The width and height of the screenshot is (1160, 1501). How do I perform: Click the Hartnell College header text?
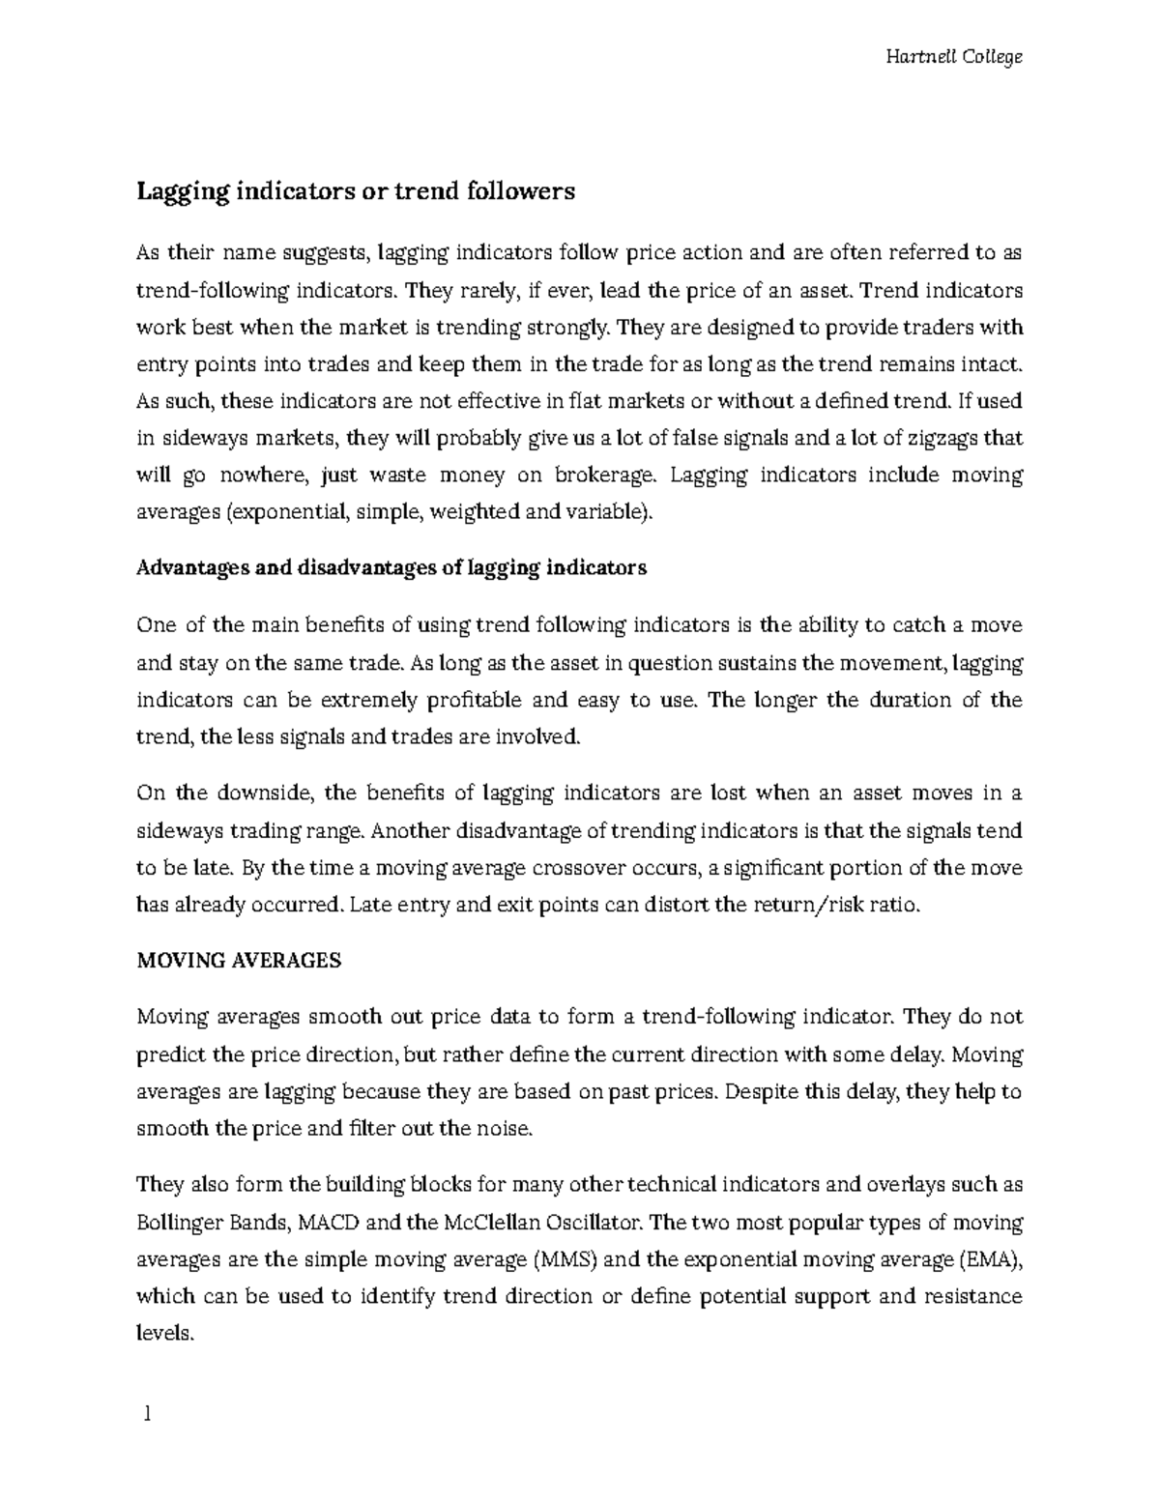click(953, 57)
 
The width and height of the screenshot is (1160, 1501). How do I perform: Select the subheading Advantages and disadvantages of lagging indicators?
click(391, 568)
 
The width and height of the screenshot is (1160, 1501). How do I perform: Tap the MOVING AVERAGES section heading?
click(239, 961)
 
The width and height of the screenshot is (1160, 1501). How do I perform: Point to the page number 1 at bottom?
click(147, 1415)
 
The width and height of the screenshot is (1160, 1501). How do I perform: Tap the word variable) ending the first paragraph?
click(614, 512)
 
